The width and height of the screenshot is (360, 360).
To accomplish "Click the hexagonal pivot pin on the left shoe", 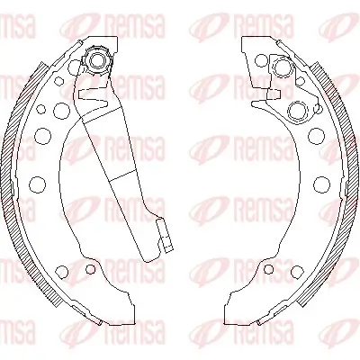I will click(x=96, y=62).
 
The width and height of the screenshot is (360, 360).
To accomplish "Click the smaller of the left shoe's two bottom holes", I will click(x=90, y=268).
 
